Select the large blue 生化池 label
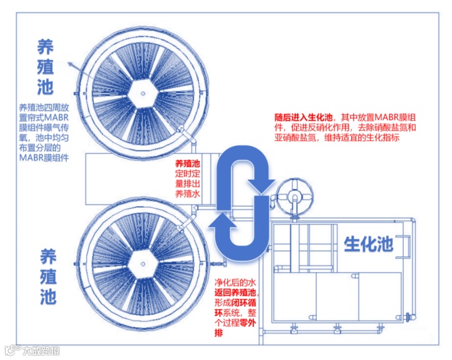pyautogui.click(x=368, y=244)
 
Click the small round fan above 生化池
pyautogui.click(x=294, y=196)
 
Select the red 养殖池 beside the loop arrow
pyautogui.click(x=187, y=163)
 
